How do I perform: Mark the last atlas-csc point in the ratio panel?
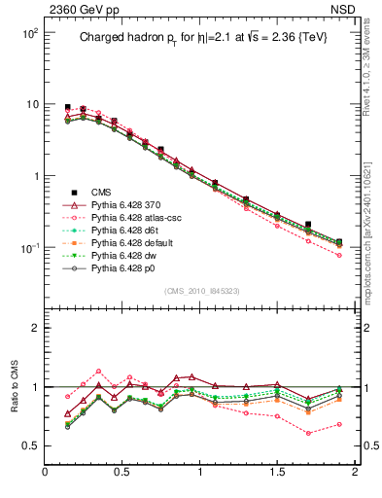(339, 424)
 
